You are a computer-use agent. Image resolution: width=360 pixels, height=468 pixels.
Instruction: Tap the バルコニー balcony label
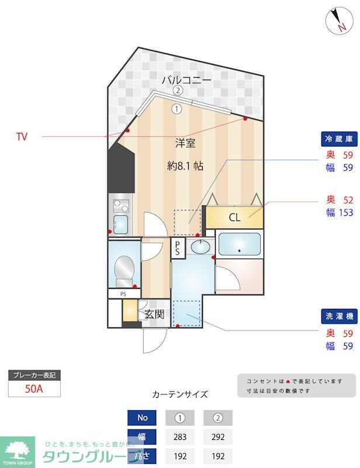point(186,80)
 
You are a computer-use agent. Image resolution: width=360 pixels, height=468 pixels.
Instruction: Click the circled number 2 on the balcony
point(178,91)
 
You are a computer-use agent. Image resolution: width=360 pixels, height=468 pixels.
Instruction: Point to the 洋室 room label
point(185,142)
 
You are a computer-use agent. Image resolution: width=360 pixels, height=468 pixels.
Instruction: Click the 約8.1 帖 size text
point(185,166)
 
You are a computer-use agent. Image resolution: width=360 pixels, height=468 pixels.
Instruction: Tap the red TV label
point(22,137)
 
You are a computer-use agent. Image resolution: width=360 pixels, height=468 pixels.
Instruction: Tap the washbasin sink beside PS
point(200,247)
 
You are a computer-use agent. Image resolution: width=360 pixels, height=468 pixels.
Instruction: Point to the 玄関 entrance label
point(154,314)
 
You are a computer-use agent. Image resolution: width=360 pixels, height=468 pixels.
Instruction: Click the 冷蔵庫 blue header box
point(339,139)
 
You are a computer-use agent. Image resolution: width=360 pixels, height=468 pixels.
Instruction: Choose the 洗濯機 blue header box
point(339,316)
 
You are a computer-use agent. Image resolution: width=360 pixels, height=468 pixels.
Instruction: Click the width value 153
point(346,213)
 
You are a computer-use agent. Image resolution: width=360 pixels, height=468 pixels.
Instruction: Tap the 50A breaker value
point(34,388)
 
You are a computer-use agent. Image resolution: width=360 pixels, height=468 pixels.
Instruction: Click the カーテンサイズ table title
point(179,394)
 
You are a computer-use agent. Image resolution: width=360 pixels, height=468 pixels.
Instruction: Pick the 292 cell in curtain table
point(217,436)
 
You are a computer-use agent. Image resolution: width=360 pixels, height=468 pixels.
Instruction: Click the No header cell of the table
point(142,418)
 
